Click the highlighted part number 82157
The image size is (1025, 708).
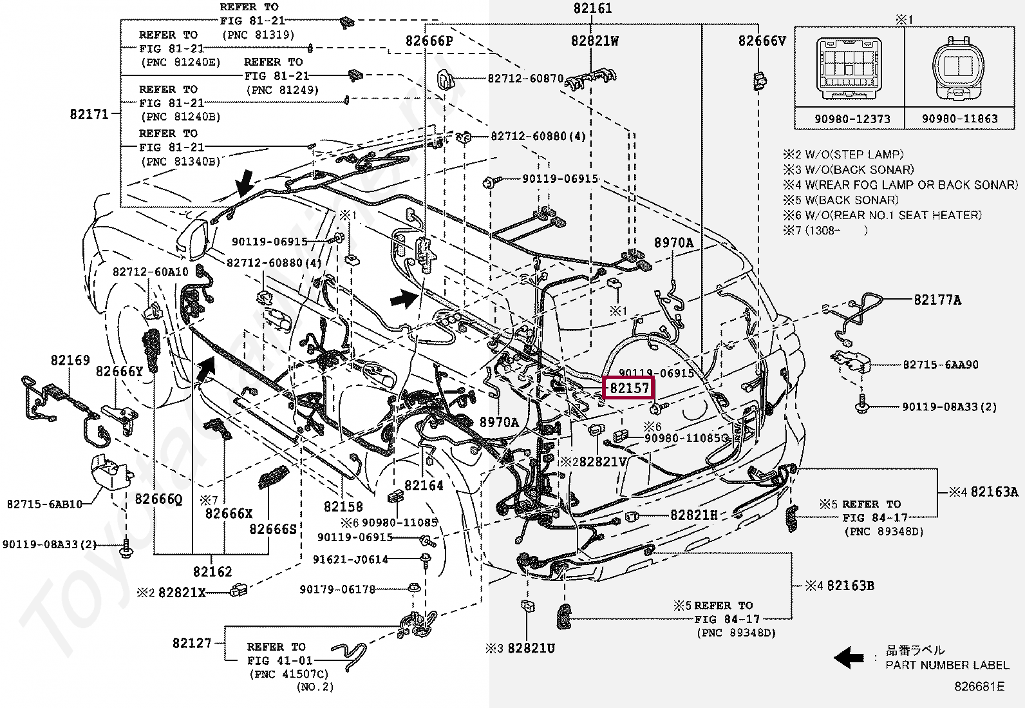click(x=629, y=388)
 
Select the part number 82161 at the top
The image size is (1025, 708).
click(x=592, y=8)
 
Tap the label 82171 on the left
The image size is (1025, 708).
click(x=89, y=115)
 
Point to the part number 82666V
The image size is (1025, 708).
click(x=762, y=41)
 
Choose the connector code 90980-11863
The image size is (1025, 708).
click(x=959, y=119)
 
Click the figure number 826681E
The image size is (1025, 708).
click(x=979, y=687)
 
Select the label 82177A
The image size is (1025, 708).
click(x=937, y=300)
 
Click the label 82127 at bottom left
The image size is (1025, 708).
click(x=192, y=643)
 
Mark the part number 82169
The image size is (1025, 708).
click(x=70, y=361)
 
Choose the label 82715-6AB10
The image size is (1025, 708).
click(x=44, y=504)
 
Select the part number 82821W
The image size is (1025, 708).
click(x=594, y=41)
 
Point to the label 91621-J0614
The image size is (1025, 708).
click(x=350, y=560)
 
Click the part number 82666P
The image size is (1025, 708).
click(x=429, y=41)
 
